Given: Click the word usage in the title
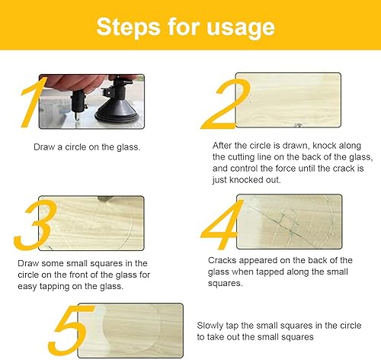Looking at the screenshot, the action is (x=241, y=27).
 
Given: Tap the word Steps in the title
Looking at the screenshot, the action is (x=128, y=27).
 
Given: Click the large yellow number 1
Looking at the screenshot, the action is (x=32, y=102).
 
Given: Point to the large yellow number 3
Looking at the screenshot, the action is (x=34, y=225).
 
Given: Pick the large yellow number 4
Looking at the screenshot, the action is (x=222, y=225).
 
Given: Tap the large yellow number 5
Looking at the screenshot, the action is (x=72, y=330).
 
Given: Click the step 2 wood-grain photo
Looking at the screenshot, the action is (x=288, y=100).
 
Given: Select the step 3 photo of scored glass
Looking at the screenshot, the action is (x=91, y=223).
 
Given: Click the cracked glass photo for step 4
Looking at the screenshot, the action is (x=289, y=222).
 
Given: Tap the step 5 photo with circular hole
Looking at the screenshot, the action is (x=130, y=330).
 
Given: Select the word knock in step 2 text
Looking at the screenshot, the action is (x=324, y=146).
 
